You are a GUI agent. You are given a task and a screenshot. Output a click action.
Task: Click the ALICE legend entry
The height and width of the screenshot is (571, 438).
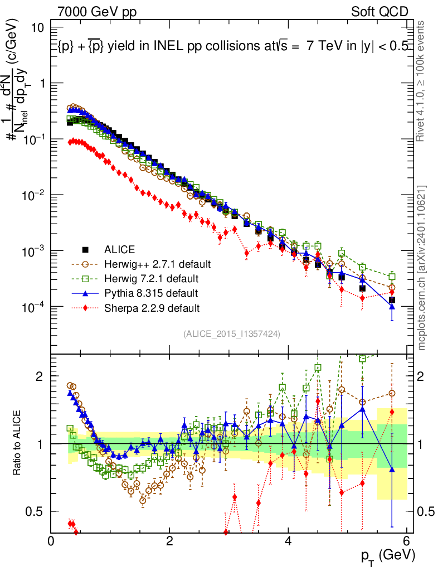(119, 249)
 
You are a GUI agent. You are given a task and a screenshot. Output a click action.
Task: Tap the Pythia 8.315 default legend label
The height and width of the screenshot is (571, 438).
(152, 293)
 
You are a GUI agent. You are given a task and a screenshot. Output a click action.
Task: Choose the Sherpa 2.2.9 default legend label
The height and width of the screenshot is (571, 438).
(152, 307)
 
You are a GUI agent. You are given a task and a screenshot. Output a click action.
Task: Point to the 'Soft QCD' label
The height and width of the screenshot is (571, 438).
(380, 12)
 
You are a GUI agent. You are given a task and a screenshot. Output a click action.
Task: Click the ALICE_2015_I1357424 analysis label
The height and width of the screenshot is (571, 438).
(231, 333)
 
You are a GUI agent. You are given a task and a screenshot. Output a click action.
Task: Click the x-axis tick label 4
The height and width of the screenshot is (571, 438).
(289, 541)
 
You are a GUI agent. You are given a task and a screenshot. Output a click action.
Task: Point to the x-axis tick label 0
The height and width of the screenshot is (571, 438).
(51, 541)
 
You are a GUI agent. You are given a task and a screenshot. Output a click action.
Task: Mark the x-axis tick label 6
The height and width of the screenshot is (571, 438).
(407, 541)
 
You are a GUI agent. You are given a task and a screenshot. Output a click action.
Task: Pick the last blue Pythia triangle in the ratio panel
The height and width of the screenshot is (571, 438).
(393, 469)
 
